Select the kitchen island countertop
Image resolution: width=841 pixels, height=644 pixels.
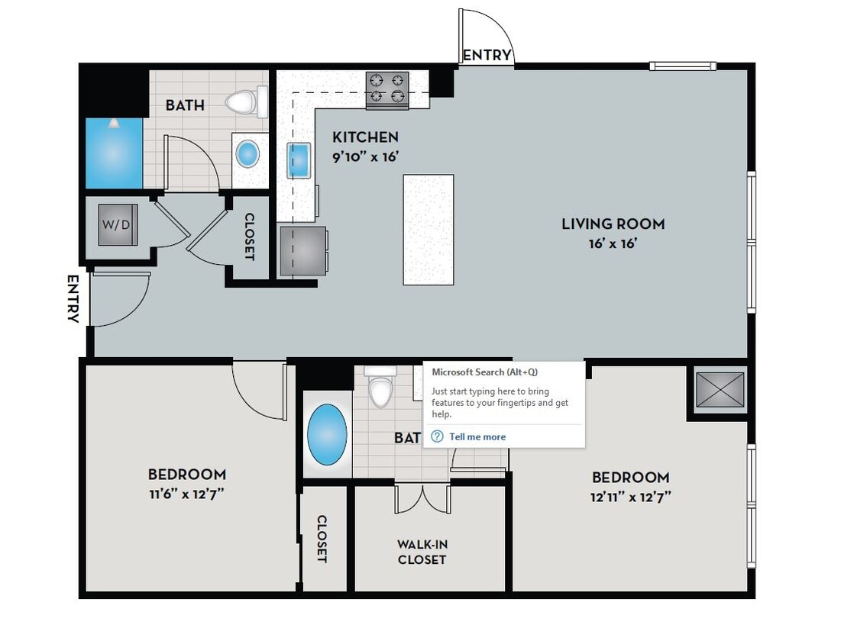click(x=428, y=229)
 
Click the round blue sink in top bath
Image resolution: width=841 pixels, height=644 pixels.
click(x=248, y=154)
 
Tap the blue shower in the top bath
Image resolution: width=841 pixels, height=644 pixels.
click(x=114, y=153)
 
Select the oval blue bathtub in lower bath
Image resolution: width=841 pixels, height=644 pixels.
click(x=327, y=435)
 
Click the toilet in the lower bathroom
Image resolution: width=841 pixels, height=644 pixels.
click(x=380, y=387)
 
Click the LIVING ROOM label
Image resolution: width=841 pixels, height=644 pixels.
click(x=613, y=224)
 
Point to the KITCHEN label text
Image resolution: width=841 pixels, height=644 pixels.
click(x=365, y=137)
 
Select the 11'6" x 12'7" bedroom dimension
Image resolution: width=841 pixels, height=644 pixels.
click(x=186, y=493)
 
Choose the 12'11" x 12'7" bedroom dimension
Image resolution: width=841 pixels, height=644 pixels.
click(x=631, y=497)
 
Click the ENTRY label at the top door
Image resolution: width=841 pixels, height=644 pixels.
click(x=487, y=55)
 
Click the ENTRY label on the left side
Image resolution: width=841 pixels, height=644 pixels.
click(x=73, y=298)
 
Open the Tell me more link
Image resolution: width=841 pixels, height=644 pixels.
click(x=477, y=436)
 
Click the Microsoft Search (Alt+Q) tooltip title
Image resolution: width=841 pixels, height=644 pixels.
click(x=484, y=372)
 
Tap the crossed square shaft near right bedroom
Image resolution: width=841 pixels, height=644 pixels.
click(x=720, y=389)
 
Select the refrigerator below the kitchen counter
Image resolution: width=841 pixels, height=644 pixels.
click(x=303, y=250)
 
